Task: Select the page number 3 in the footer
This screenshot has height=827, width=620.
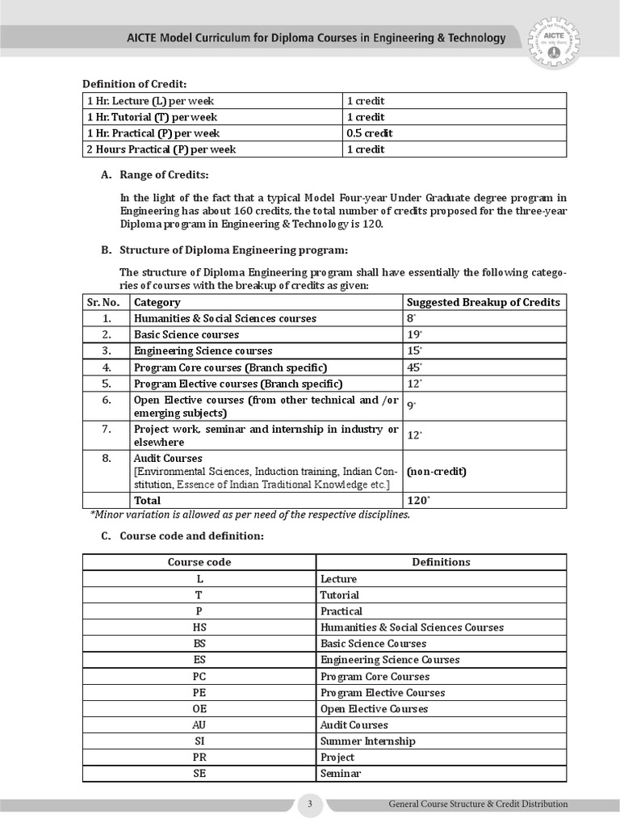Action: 310,804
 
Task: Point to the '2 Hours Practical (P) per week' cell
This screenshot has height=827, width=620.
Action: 161,149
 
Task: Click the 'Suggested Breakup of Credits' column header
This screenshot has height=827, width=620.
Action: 484,302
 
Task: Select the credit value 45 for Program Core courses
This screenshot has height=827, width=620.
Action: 414,367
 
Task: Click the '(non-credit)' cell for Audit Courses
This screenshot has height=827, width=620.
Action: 437,471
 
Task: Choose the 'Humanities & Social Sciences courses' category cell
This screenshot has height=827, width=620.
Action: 225,318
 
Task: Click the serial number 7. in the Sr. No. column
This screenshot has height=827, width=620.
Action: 107,429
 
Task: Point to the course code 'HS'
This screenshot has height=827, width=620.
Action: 199,628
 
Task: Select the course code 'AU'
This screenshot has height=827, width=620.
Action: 199,725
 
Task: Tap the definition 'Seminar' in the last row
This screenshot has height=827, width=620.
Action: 340,774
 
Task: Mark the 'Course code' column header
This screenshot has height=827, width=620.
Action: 199,562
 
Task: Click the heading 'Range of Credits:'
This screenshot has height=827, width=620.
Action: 164,175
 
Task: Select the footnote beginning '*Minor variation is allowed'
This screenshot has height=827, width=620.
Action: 249,515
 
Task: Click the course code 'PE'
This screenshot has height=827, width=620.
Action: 199,693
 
